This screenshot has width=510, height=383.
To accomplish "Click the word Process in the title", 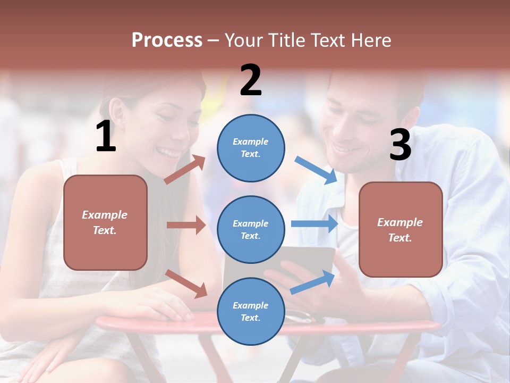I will [x=167, y=40].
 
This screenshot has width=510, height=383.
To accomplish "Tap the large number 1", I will [x=106, y=137].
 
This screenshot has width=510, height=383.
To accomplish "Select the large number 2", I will [x=251, y=80].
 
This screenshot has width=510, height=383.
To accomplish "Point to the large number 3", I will [x=400, y=145].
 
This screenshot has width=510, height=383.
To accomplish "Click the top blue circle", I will [x=251, y=148].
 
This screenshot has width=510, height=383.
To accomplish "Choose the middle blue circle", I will [x=251, y=229].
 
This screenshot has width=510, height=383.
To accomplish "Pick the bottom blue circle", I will [x=251, y=311].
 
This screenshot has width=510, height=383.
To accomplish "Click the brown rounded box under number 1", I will [x=105, y=222].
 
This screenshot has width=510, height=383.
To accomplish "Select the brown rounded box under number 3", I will [x=401, y=229].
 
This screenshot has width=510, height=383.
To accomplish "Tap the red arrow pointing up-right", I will [x=185, y=170].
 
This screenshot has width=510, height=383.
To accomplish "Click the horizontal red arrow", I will [x=186, y=225].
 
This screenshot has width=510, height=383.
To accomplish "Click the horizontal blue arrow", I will [x=314, y=223].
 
